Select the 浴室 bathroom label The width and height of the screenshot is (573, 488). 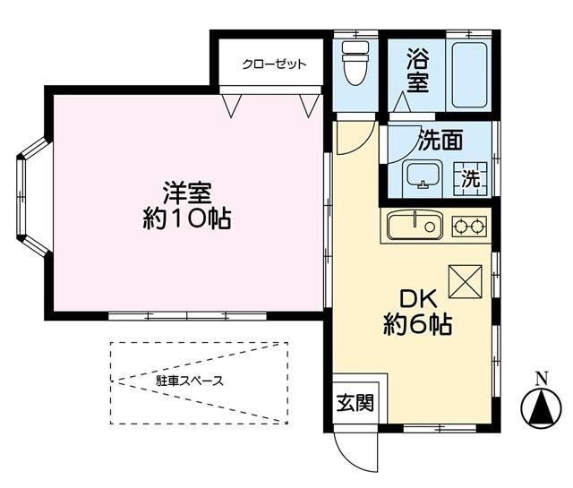coord(418,71)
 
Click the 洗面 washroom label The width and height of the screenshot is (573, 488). coord(440,140)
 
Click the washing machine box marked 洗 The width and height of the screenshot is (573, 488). coord(470,178)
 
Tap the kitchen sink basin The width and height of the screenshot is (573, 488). coord(415,226)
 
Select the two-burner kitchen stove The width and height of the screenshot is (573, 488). coord(468,227)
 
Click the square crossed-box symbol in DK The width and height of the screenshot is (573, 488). coord(465,284)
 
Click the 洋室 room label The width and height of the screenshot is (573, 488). coord(187,193)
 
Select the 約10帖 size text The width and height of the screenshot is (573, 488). coord(187,219)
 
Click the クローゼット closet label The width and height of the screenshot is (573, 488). coord(274,64)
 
